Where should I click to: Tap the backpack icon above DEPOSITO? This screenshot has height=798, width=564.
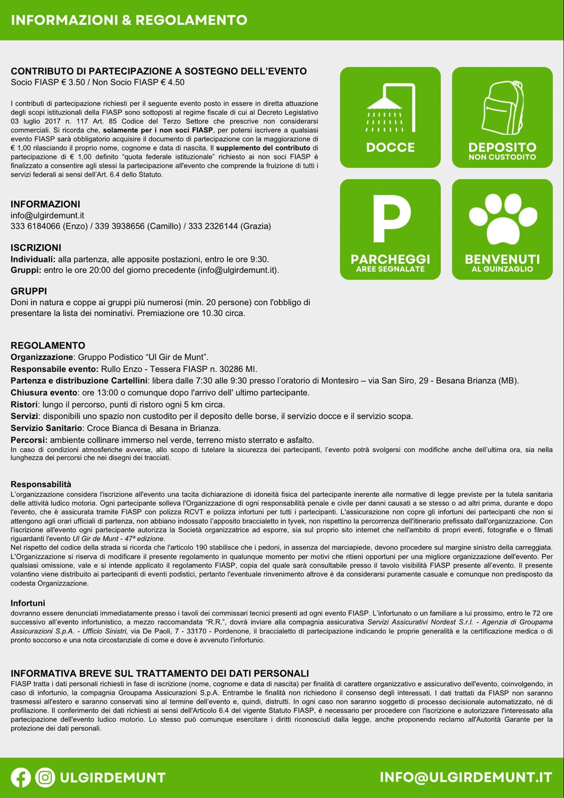[x=502, y=107]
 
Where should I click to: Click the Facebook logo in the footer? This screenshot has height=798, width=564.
[x=21, y=778]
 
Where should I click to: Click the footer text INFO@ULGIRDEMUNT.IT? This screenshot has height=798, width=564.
[x=466, y=778]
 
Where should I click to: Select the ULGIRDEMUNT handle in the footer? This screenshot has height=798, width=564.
[x=112, y=778]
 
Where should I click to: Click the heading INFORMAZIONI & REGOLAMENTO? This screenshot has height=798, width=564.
[x=129, y=20]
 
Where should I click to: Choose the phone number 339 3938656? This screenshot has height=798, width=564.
[x=120, y=226]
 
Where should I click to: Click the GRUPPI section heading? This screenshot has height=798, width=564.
[x=29, y=291]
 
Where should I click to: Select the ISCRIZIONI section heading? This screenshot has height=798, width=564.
[x=36, y=248]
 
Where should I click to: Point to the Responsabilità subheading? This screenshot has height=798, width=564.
[x=41, y=484]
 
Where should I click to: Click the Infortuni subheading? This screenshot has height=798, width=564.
[x=28, y=603]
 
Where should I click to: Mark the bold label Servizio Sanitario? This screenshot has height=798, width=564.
[x=46, y=428]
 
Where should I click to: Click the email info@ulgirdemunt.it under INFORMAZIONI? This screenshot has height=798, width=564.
[x=47, y=215]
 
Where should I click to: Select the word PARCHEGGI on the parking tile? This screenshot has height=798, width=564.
[x=390, y=259]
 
